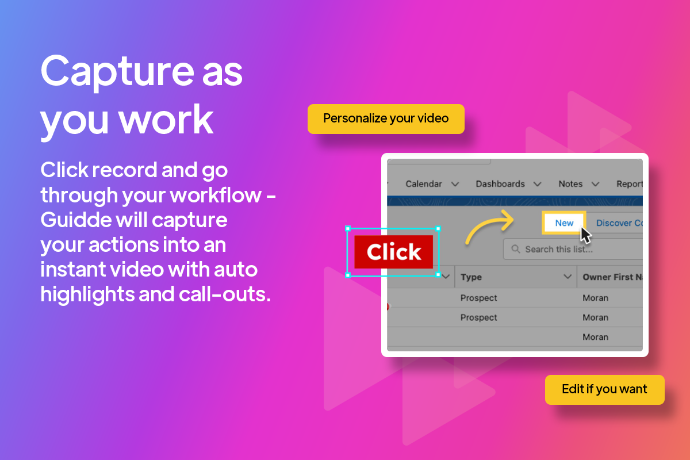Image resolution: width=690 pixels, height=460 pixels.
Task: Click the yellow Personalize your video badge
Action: coord(386,119)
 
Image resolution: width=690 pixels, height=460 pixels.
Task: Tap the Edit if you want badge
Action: coord(604,389)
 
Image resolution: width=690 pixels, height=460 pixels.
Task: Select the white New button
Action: coord(564,223)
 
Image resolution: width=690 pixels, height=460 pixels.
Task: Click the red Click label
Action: coord(394,252)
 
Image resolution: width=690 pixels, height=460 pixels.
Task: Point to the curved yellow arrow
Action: coord(485,221)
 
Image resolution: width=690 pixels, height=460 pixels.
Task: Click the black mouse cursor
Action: coord(585,235)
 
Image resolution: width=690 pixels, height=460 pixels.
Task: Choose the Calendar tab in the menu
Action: coord(424,184)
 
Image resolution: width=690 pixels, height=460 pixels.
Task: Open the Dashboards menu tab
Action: coord(500,184)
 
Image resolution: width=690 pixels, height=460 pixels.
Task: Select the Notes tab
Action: coord(570,184)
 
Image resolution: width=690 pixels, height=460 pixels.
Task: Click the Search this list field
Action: coord(573,249)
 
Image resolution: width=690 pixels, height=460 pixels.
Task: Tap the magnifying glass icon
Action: coord(516,249)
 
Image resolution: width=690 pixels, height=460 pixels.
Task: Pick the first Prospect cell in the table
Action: coord(478,298)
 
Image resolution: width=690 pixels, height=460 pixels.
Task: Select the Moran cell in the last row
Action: coord(595,337)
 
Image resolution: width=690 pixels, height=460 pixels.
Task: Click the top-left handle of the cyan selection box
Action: coord(348,229)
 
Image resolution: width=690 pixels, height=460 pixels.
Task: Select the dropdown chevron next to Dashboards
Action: coord(538,184)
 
